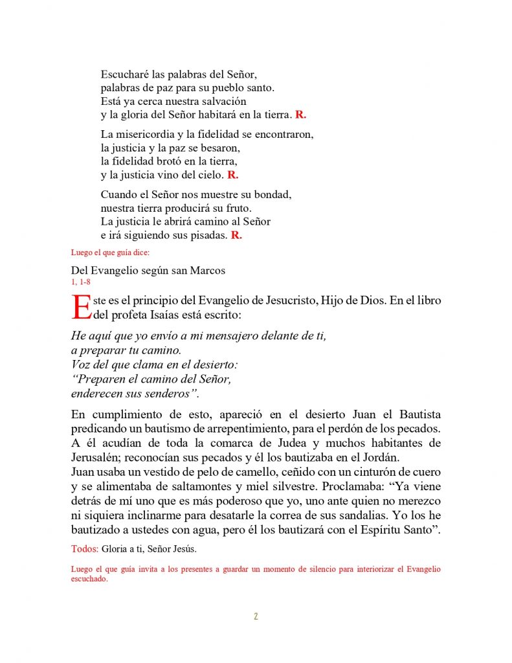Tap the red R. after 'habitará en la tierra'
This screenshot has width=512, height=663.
[300, 115]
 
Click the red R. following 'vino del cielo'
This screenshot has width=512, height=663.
[233, 175]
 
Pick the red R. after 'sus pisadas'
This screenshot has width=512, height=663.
[236, 236]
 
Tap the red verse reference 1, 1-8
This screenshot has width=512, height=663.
[82, 282]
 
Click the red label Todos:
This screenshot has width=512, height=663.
[85, 549]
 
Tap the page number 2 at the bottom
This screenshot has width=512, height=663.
[256, 616]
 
